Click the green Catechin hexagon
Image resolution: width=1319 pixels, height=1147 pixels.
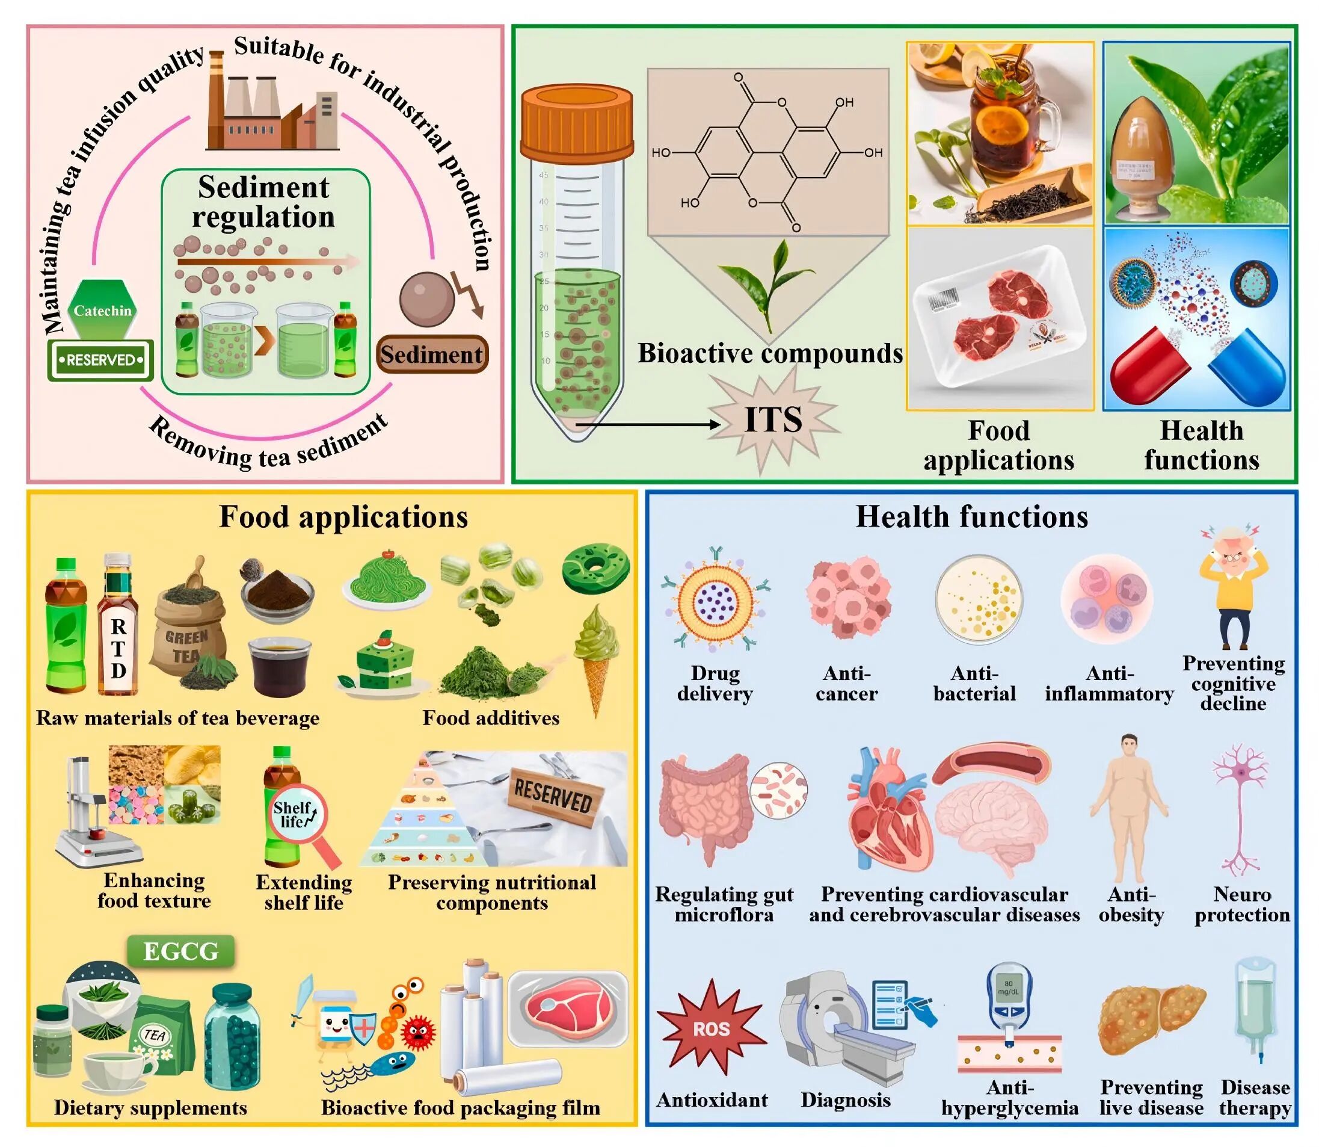point(102,310)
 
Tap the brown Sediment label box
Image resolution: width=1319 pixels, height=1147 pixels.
point(432,354)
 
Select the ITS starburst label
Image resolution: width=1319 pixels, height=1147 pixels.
point(773,420)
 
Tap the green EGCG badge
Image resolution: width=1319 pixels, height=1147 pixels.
point(181,951)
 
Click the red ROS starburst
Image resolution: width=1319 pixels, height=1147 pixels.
point(712,1028)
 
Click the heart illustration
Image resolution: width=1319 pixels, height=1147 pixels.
point(886,809)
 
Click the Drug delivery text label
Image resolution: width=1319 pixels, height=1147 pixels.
point(715,683)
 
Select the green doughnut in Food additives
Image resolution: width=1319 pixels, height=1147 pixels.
point(595,566)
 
